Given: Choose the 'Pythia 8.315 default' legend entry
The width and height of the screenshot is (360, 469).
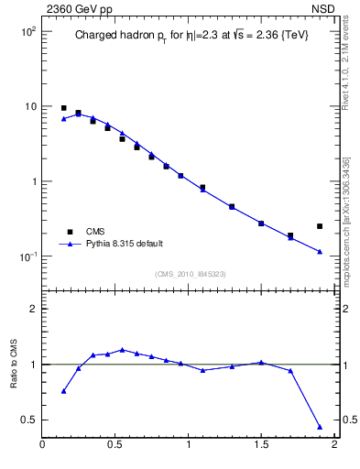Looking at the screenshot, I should (125, 244).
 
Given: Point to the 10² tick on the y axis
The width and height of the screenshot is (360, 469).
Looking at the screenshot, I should (25, 32).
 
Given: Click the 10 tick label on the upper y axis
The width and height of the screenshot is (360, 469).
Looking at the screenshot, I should (28, 106).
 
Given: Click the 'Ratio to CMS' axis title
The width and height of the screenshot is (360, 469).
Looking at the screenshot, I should (14, 365).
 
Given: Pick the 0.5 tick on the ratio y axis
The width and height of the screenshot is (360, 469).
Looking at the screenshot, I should (28, 420).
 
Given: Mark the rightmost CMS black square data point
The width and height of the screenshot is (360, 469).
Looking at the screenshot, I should (320, 226).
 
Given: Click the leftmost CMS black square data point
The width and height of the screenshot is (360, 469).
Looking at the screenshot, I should (63, 108).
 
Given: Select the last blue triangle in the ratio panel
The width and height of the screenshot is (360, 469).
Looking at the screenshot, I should (320, 427).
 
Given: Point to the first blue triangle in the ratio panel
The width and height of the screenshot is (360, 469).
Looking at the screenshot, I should (63, 391).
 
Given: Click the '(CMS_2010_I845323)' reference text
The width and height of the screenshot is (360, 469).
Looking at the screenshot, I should (190, 274).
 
